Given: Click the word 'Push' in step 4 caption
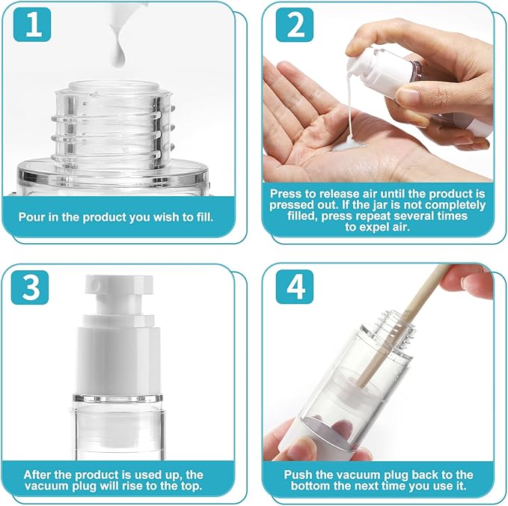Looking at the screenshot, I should click(299, 475).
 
